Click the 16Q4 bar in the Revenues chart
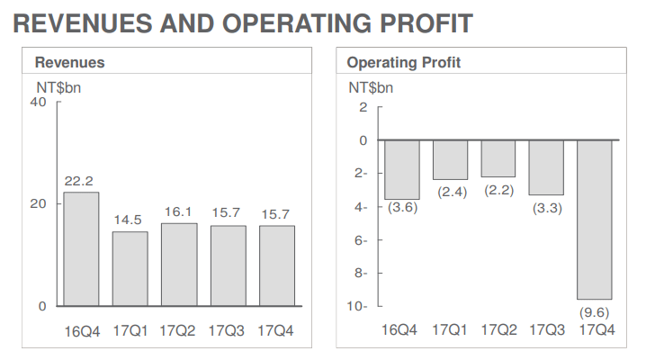[81, 249]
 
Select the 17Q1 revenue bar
[130, 269]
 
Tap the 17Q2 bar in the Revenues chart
[179, 265]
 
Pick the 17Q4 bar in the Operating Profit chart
[594, 220]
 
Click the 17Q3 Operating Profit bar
[546, 167]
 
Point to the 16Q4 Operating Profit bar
[400, 170]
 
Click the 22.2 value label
[80, 181]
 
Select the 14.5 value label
[130, 220]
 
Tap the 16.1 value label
[179, 211]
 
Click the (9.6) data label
[594, 312]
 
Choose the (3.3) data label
[546, 208]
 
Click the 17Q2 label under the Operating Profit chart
[498, 330]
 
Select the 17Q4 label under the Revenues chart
[276, 330]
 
